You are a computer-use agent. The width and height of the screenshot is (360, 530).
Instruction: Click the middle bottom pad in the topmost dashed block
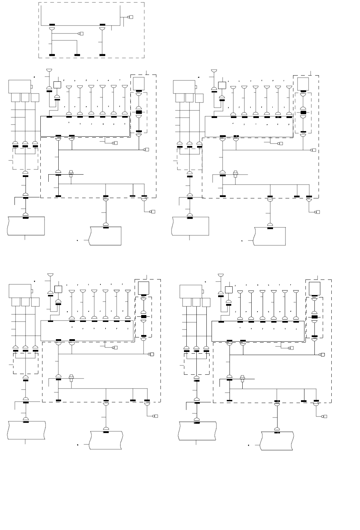click(x=77, y=55)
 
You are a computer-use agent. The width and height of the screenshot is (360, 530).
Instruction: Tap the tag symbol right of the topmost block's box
click(x=130, y=17)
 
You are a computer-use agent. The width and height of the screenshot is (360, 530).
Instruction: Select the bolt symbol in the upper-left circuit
click(x=71, y=172)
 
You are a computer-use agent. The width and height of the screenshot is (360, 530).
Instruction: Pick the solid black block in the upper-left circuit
click(x=139, y=112)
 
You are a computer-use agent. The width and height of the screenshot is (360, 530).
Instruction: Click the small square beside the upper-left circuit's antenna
click(x=58, y=85)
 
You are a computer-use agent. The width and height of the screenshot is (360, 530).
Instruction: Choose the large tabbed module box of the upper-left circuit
click(x=20, y=86)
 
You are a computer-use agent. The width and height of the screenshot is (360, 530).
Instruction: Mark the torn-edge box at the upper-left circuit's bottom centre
click(x=106, y=236)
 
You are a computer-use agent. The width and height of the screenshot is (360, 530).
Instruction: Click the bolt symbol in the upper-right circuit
click(x=235, y=172)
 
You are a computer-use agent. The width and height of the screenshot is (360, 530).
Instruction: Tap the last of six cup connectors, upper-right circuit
click(x=289, y=87)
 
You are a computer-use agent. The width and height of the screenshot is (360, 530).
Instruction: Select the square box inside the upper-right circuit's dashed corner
click(x=303, y=84)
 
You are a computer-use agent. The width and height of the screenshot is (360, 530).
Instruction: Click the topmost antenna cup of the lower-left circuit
click(x=50, y=275)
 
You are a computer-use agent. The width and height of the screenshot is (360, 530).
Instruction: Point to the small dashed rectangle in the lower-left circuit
click(x=26, y=363)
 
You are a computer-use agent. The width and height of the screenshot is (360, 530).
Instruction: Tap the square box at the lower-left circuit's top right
click(x=144, y=287)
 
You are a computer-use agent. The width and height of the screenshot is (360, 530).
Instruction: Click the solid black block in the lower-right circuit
click(x=314, y=317)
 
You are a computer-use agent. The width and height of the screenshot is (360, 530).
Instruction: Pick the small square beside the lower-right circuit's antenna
click(x=229, y=290)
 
